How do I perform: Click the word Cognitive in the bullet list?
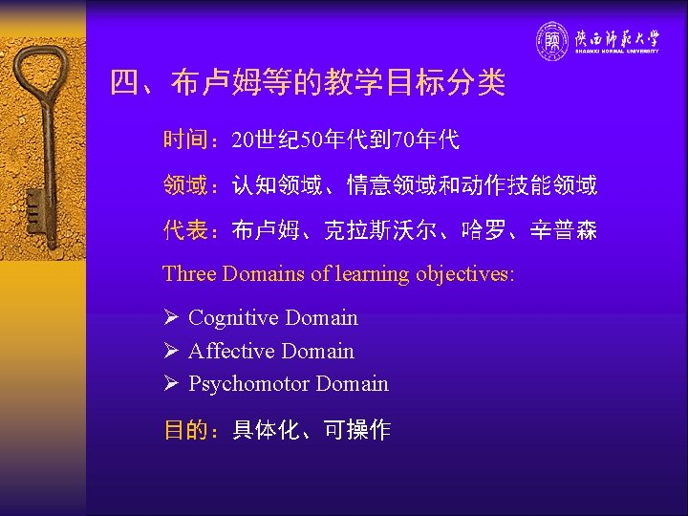[225, 318]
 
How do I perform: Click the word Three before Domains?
[189, 273]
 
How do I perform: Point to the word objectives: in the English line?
[464, 273]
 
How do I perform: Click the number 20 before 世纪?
[244, 141]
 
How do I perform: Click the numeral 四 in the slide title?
[124, 83]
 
